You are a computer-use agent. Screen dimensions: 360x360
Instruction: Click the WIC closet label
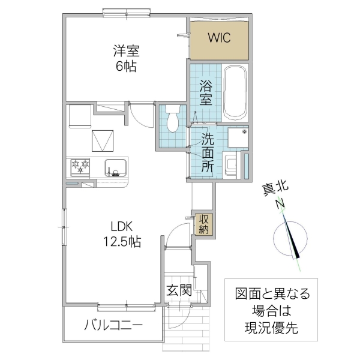tap(219, 37)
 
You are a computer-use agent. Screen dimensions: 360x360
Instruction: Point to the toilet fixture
tap(173, 118)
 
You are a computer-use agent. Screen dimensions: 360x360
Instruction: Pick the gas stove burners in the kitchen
tap(80, 166)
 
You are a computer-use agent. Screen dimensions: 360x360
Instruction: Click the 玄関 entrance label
tap(179, 291)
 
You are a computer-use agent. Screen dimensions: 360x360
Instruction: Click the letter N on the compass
tap(279, 205)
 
